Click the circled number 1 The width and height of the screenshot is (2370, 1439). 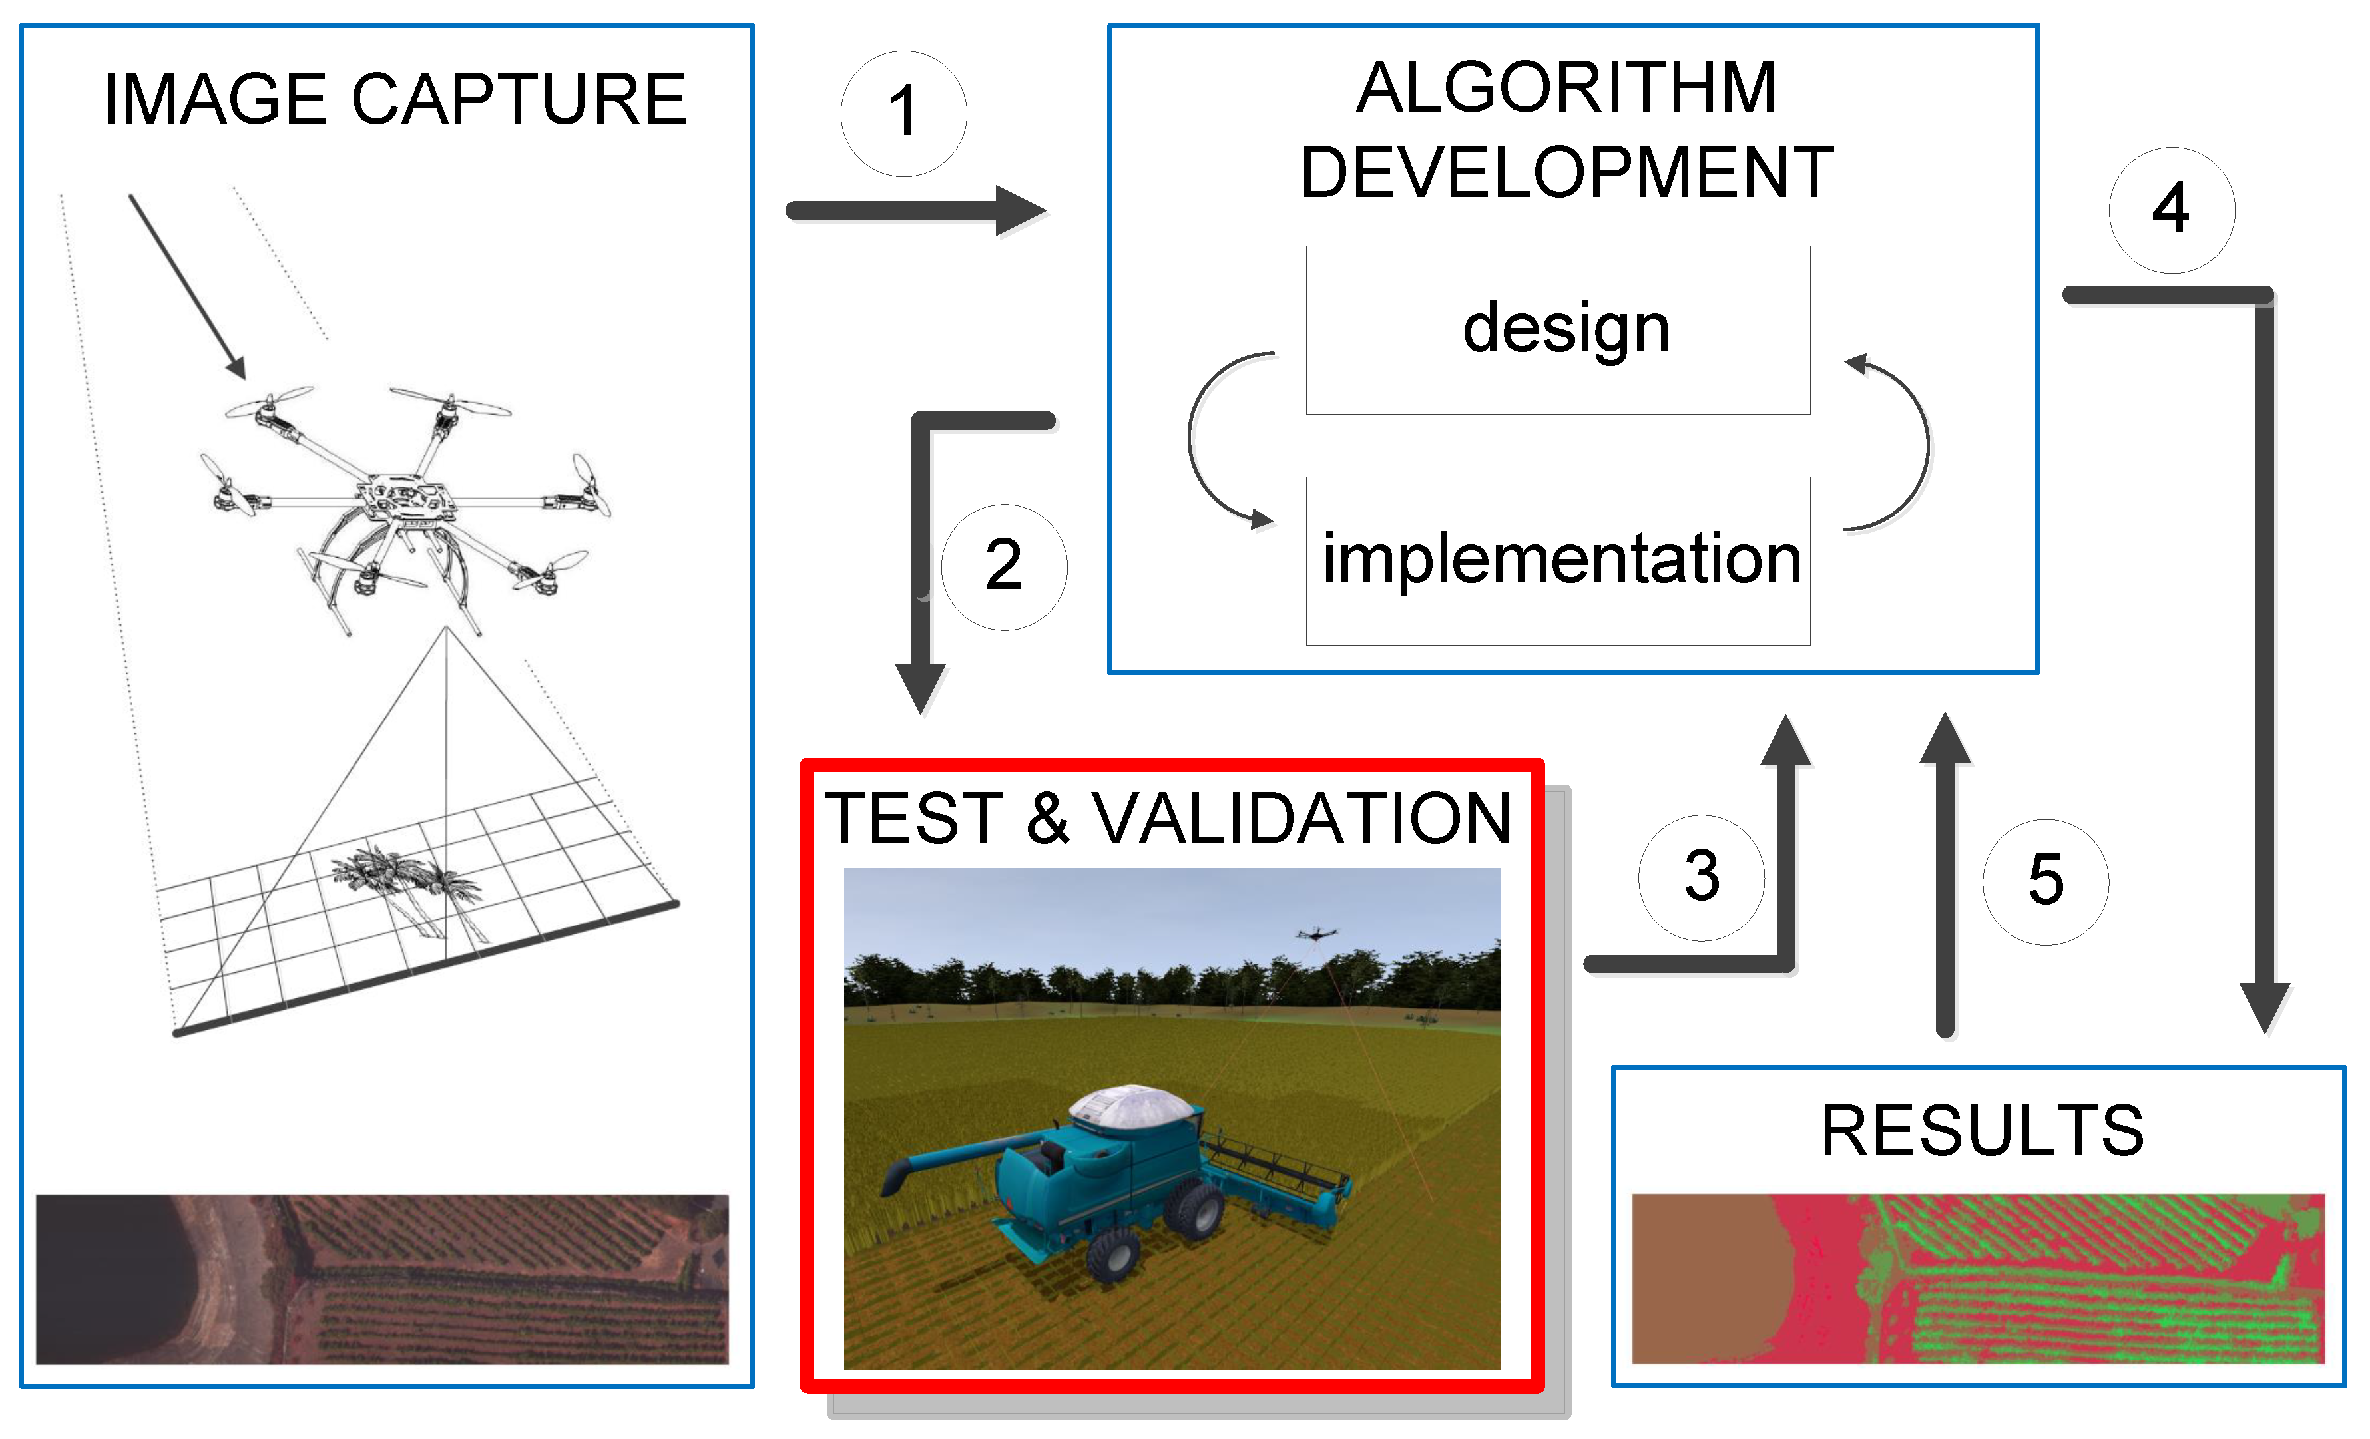[903, 114]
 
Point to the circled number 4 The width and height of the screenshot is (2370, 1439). [2171, 210]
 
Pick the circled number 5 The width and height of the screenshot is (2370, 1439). [2045, 881]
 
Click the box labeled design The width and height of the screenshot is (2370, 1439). [1557, 330]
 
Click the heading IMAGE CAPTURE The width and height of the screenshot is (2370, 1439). [394, 100]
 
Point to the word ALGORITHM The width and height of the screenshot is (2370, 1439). [1566, 89]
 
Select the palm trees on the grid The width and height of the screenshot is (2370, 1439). [404, 880]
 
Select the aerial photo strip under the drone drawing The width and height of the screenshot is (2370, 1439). [382, 1279]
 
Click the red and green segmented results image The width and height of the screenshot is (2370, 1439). [1978, 1279]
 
